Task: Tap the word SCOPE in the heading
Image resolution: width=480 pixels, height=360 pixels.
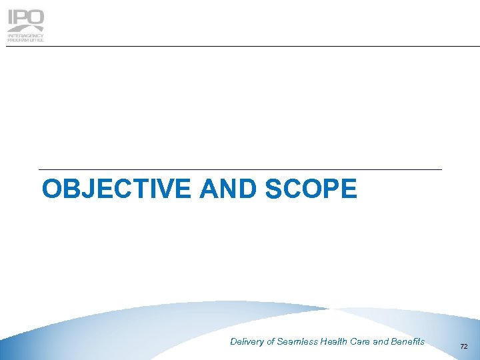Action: pos(311,189)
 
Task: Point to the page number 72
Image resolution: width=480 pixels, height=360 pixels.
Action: pos(464,347)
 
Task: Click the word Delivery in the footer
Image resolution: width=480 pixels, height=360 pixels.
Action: pos(247,342)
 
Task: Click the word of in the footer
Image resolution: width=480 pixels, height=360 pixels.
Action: pos(271,342)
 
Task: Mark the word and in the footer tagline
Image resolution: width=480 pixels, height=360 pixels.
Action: pos(381,342)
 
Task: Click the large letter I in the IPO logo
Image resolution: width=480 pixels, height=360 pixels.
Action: pos(11,17)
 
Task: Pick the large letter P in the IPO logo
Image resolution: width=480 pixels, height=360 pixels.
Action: pos(22,17)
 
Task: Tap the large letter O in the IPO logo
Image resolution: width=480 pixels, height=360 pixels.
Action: pos(37,17)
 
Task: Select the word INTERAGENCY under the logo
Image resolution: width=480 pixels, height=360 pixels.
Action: pos(25,35)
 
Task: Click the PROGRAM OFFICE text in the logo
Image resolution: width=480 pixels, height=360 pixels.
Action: pos(25,40)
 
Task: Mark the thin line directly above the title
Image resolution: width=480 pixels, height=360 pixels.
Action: pos(240,170)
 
